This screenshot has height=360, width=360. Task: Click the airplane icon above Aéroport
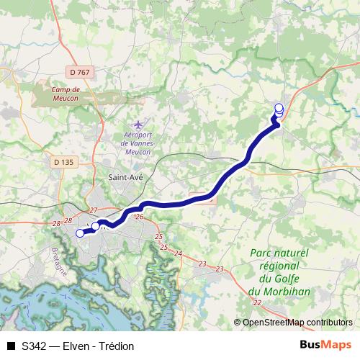point(138,123)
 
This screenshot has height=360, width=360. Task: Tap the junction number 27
point(93,210)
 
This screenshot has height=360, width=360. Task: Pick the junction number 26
point(140,217)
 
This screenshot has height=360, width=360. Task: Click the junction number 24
point(178,254)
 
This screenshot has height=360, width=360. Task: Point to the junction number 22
point(258,302)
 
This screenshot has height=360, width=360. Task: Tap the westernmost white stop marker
point(80,233)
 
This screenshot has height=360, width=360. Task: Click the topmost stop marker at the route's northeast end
point(279,107)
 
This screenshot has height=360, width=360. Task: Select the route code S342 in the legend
point(35,346)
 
